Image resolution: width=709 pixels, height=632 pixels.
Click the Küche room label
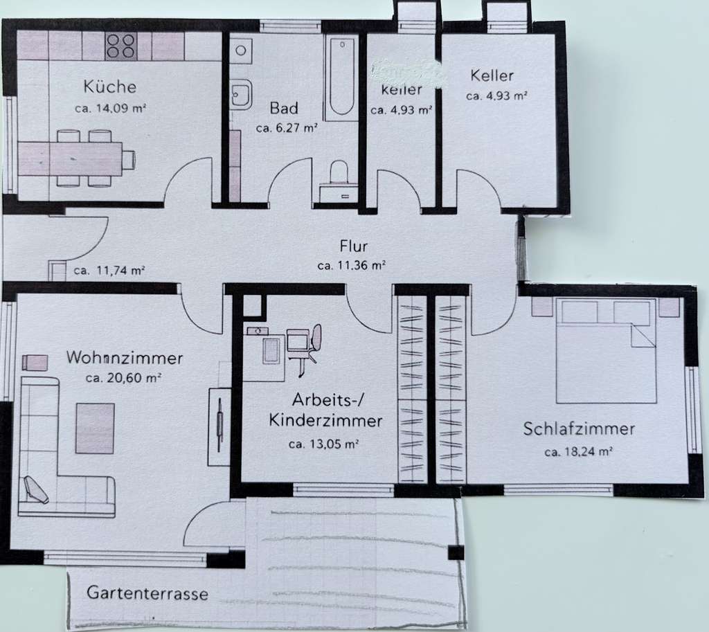point(110,87)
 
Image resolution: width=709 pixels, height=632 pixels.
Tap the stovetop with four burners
point(120,46)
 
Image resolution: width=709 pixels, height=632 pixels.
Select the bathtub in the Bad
point(342,79)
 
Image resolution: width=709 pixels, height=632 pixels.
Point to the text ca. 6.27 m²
point(286,128)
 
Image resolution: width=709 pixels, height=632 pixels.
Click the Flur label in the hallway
point(353,246)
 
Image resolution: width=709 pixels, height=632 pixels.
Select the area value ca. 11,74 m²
point(111,271)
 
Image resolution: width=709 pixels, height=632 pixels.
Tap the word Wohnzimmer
point(125,359)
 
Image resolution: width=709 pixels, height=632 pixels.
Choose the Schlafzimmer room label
point(579,429)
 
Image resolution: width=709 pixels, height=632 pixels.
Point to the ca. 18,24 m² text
point(579,452)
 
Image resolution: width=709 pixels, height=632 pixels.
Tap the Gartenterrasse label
point(147,594)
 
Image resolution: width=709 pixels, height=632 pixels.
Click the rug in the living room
point(95,428)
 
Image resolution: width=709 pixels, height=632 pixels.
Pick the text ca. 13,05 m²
point(323,444)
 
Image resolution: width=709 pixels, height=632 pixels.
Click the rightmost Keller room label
point(492,75)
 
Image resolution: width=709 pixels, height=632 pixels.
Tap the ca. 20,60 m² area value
point(123,378)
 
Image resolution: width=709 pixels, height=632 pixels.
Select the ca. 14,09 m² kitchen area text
point(110,108)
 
